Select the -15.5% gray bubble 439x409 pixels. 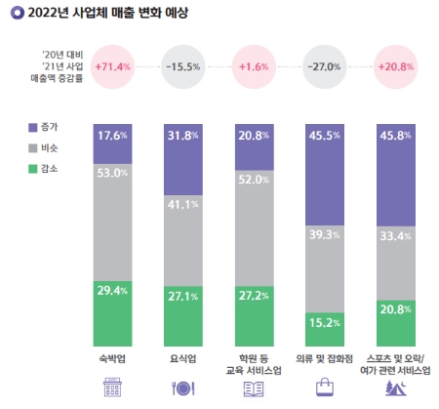pos(184,66)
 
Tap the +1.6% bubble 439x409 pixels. pos(254,66)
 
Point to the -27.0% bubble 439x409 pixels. pos(324,66)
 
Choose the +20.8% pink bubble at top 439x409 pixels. pos(393,66)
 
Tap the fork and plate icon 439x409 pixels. pos(184,387)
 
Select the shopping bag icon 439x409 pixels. pos(324,387)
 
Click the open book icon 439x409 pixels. pos(254,387)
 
